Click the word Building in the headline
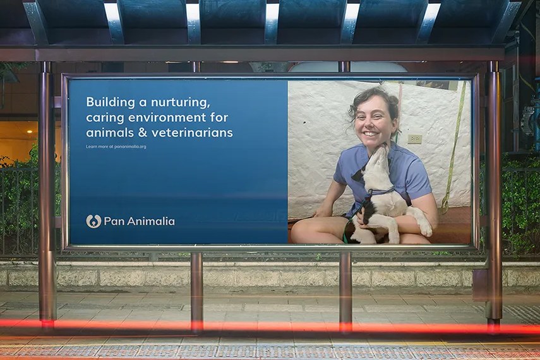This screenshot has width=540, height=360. tap(105, 102)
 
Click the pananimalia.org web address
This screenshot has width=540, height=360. tap(130, 147)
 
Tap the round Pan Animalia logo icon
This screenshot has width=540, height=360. tap(93, 221)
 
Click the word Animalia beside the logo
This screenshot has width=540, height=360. tap(151, 221)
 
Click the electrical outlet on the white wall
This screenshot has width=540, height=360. tap(415, 139)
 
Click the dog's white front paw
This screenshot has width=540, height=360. tap(426, 228)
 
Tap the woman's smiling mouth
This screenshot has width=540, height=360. tap(369, 133)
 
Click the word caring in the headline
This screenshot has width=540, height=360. tap(105, 118)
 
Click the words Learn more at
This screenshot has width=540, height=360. tap(99, 147)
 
